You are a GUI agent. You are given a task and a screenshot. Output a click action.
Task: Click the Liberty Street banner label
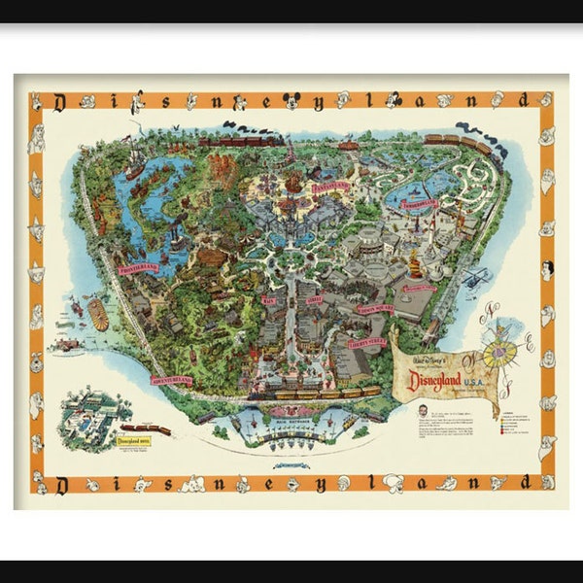click(366, 342)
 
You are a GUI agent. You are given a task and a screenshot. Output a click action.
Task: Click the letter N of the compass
click(493, 314)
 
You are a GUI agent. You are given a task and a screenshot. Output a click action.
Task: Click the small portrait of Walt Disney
click(405, 410)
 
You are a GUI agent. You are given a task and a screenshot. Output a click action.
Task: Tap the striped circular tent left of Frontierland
click(98, 314)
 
